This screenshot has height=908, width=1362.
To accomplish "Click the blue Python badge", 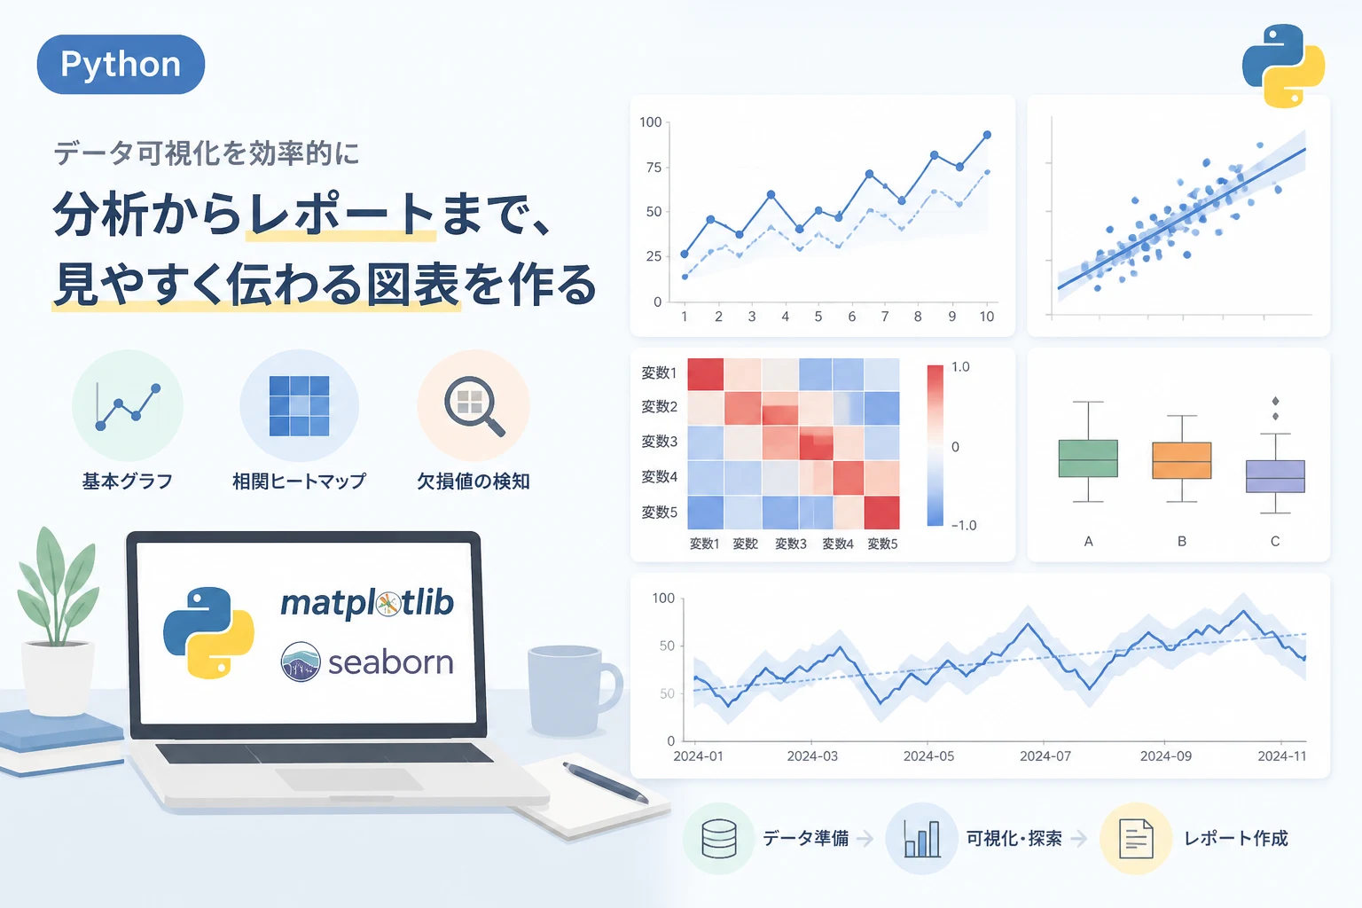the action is click(x=121, y=64).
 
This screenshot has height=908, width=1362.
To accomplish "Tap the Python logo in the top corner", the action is click(x=1283, y=66).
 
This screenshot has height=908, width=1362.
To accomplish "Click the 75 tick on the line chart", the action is click(x=654, y=168).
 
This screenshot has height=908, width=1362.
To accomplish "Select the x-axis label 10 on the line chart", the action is click(x=986, y=317).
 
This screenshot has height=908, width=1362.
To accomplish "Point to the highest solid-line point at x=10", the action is click(x=987, y=135).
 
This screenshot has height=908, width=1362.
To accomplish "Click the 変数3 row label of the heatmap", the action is click(x=659, y=441).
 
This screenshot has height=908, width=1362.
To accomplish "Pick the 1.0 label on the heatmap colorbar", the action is click(x=960, y=367).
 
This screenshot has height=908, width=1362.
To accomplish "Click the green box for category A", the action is click(x=1088, y=458).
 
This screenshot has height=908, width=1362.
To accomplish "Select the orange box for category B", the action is click(x=1181, y=460).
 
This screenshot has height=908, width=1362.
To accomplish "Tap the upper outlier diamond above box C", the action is click(x=1276, y=401).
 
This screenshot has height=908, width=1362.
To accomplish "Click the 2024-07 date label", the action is click(x=1045, y=756).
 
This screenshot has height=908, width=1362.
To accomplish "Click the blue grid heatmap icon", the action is click(x=299, y=405).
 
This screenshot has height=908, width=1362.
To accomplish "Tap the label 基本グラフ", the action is click(x=128, y=481).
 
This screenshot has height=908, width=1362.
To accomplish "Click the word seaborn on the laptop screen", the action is click(x=391, y=661).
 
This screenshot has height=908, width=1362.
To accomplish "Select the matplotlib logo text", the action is click(x=367, y=603).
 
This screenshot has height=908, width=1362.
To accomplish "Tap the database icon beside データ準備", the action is click(x=719, y=839).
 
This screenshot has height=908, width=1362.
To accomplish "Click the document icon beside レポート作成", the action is click(x=1136, y=839).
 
